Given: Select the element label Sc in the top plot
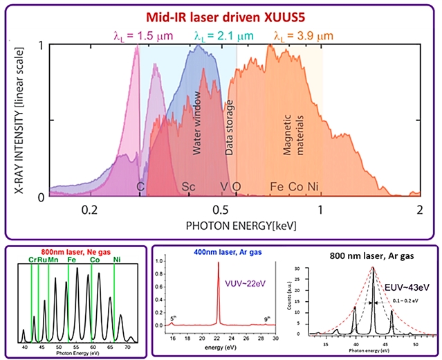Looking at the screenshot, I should (188, 187).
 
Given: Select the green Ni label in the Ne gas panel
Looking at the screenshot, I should (115, 260).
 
